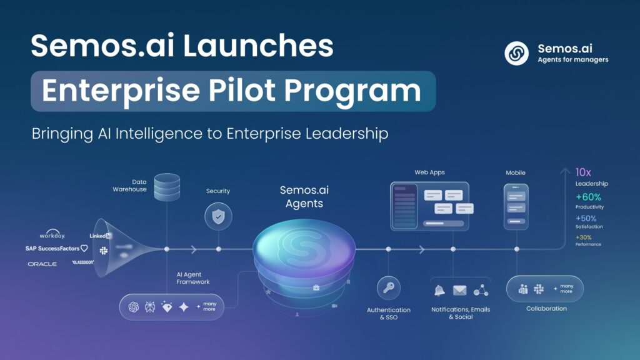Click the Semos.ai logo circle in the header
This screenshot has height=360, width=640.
(516, 53)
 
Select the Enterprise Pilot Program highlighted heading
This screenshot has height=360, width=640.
(232, 91)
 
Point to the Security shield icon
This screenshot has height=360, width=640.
(218, 217)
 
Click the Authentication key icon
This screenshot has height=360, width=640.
(388, 288)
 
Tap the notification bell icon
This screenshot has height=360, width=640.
(440, 290)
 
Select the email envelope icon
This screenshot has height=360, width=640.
(460, 290)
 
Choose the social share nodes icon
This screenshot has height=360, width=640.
(481, 290)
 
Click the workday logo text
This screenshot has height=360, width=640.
(52, 235)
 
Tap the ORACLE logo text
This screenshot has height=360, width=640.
(42, 264)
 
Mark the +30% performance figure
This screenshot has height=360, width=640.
(584, 237)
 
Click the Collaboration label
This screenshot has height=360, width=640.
(546, 309)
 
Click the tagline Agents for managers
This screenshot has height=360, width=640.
(572, 60)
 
